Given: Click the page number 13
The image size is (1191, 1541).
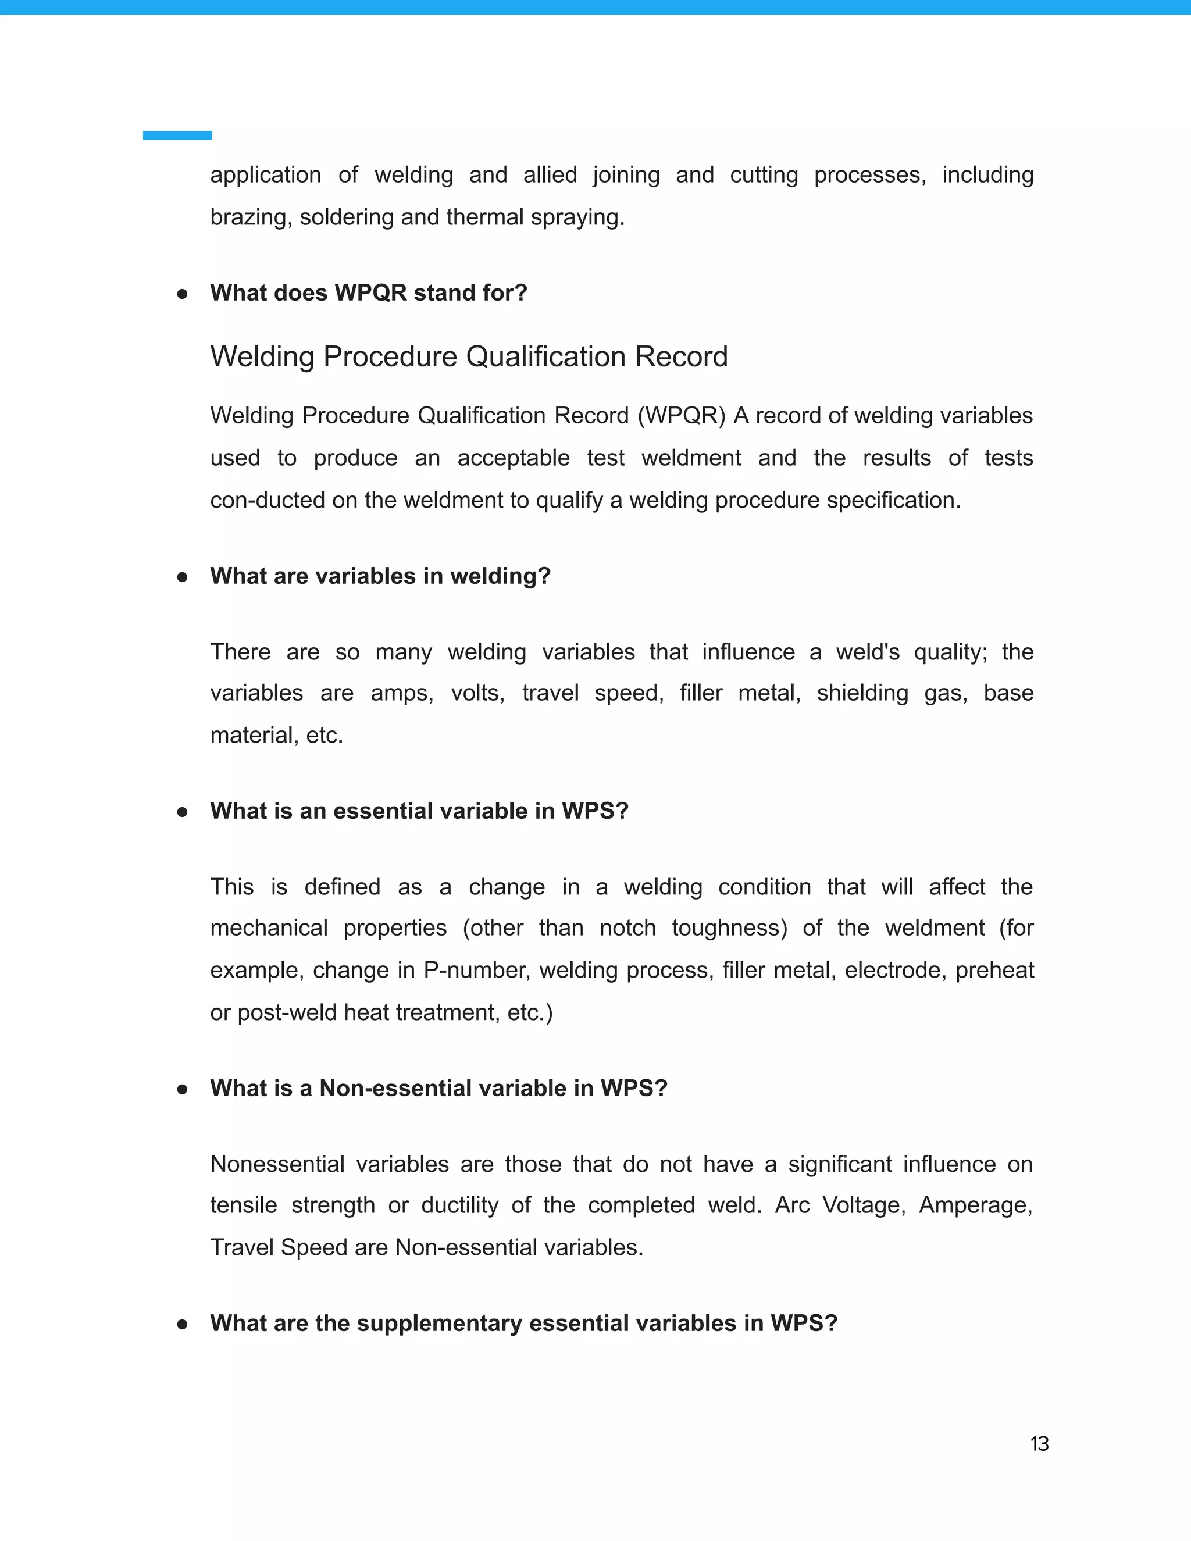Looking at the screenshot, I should (1039, 1444).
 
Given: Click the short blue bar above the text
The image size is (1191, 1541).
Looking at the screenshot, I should (177, 135).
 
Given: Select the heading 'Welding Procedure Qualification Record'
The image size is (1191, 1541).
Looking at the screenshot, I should (469, 356).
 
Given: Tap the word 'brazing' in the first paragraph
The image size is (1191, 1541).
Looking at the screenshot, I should (251, 217).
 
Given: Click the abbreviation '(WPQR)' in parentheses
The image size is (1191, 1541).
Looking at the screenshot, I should (681, 416).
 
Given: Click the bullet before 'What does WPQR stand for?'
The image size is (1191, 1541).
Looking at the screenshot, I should (182, 294).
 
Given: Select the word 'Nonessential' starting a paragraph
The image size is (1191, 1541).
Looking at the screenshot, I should (277, 1164).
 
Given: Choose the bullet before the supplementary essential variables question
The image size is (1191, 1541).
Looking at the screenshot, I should (182, 1324).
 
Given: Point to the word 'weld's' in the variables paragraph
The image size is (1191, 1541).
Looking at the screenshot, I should (867, 652).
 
